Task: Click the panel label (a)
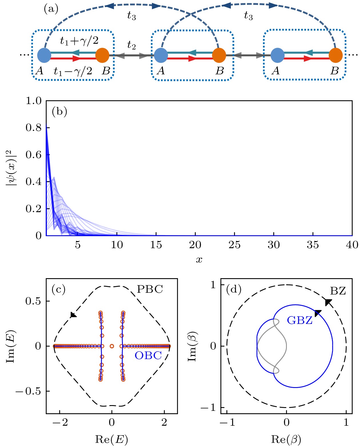click(51, 9)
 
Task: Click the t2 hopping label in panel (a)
click(131, 45)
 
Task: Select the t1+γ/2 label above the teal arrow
click(79, 41)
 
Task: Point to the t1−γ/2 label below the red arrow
click(73, 71)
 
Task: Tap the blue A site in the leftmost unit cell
click(44, 55)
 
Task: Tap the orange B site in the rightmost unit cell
click(335, 55)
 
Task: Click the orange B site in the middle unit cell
click(219, 55)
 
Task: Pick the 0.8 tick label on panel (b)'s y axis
click(33, 128)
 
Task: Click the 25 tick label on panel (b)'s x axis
click(234, 245)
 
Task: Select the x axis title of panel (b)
click(199, 260)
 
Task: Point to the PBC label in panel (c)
click(150, 289)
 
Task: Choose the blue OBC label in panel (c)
click(148, 355)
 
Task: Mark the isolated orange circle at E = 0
click(112, 346)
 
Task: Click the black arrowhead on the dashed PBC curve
click(73, 315)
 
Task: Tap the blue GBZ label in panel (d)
click(299, 320)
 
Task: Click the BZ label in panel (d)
click(338, 291)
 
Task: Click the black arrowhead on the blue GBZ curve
click(318, 313)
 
